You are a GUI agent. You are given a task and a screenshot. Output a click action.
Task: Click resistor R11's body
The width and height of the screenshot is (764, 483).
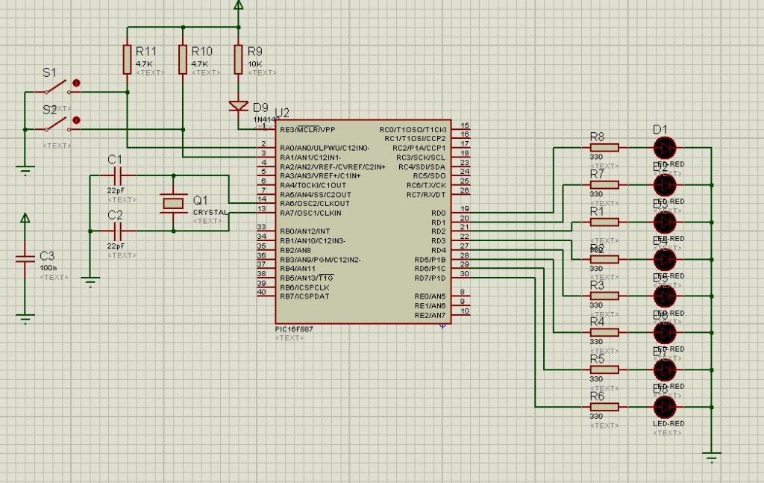tap(128, 59)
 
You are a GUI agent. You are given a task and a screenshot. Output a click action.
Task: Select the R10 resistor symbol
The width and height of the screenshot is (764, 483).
tap(183, 59)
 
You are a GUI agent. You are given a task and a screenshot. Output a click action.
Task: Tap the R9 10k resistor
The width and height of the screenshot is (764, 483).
tap(239, 59)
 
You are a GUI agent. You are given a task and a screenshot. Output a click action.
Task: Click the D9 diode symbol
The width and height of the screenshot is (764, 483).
tap(239, 106)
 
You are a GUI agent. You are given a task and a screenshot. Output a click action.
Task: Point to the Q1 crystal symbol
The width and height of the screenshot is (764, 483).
tap(174, 202)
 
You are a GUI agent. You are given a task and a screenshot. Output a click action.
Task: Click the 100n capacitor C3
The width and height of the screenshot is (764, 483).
tap(25, 259)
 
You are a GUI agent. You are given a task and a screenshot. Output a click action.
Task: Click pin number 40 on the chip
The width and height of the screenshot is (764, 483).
tap(261, 292)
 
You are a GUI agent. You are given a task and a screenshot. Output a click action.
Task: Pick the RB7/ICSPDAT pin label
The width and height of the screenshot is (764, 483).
tap(305, 296)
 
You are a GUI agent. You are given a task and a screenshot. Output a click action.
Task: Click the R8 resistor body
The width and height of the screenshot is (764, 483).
tap(608, 147)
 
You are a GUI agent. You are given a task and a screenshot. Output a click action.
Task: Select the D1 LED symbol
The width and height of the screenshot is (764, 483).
tap(663, 146)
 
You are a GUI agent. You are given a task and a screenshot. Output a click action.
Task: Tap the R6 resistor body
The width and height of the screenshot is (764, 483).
tap(608, 407)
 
